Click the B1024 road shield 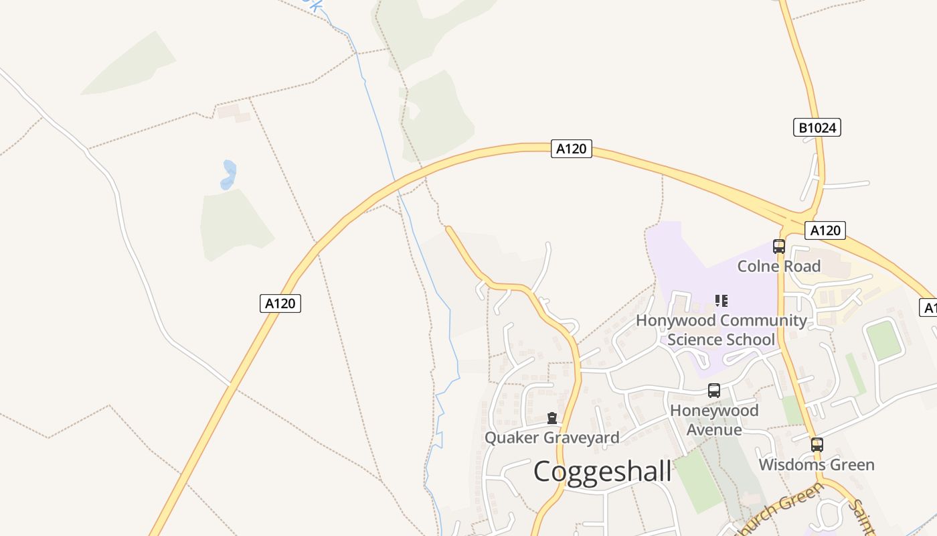[x=817, y=127]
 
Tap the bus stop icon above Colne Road [x=778, y=246]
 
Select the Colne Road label [x=778, y=266]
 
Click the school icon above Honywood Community [x=721, y=300]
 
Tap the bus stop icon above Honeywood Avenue [x=714, y=391]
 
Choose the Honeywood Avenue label [x=714, y=419]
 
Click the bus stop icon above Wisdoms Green [x=817, y=444]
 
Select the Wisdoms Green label [x=817, y=464]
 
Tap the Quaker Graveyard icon [x=552, y=418]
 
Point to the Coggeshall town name [x=602, y=471]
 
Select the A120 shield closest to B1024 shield [x=825, y=230]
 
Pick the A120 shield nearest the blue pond [x=280, y=303]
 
